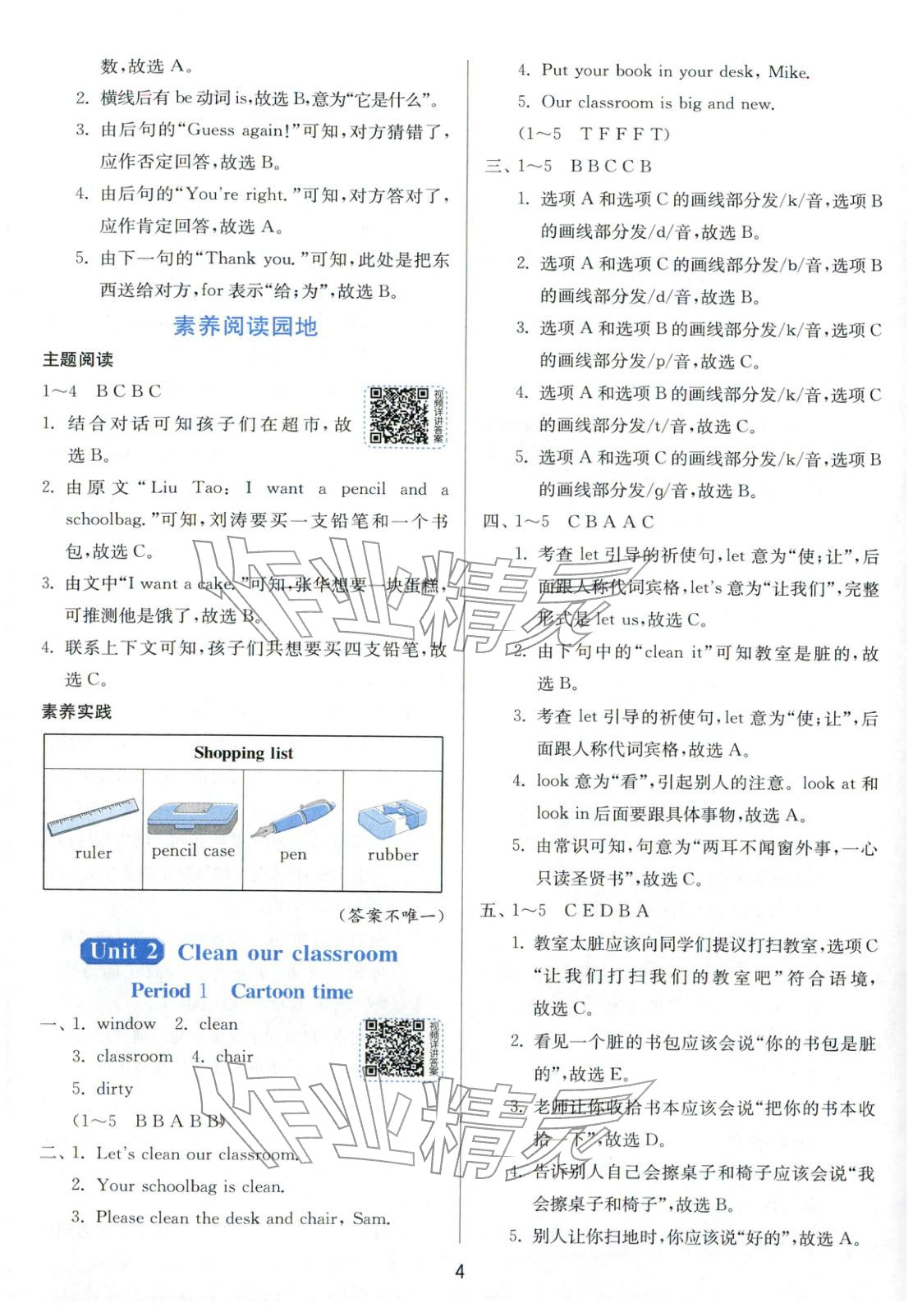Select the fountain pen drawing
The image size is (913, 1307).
(292, 817)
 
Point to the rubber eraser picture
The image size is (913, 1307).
(392, 817)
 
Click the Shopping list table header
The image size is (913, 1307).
(243, 753)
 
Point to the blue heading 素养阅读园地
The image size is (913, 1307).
(245, 327)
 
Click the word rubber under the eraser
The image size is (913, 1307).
(392, 855)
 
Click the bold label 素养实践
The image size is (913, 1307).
(76, 712)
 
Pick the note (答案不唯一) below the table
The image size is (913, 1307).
(390, 916)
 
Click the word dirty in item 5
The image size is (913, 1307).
(114, 1089)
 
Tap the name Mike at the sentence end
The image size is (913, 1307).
(788, 72)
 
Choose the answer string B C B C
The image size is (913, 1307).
(128, 391)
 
